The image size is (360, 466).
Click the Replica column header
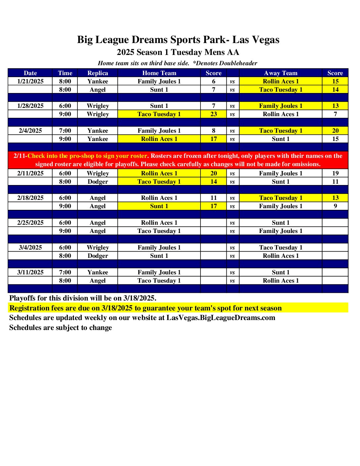(98, 73)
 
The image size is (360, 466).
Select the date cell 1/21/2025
(30, 81)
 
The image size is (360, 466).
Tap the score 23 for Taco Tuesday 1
(214, 114)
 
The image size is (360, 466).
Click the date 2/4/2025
(30, 131)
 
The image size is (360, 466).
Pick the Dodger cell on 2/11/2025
(98, 182)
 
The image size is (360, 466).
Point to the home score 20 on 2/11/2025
(214, 173)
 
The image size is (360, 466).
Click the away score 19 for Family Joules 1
(335, 173)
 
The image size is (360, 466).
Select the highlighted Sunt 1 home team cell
(159, 206)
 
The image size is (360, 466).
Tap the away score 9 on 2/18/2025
(335, 206)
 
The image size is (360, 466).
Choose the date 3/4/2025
(30, 248)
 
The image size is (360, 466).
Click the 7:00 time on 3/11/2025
(65, 272)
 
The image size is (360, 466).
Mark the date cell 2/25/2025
(30, 223)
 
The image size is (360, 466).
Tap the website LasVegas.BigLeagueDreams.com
(221, 318)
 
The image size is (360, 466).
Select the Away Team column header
(281, 73)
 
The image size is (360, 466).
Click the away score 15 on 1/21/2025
(335, 81)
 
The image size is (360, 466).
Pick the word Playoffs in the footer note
(23, 298)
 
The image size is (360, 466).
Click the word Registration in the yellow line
(29, 308)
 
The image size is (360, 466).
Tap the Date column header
(30, 73)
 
